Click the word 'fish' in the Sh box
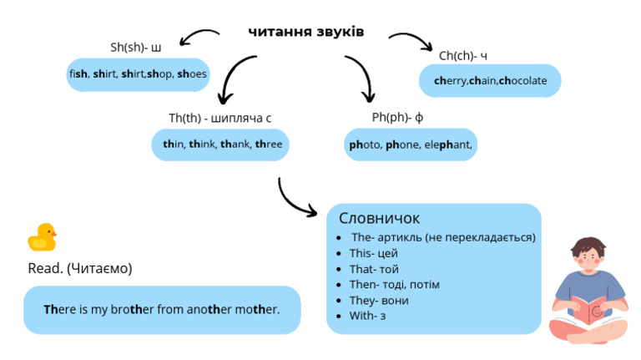[78, 74]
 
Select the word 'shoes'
[192, 74]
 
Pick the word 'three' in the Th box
[269, 145]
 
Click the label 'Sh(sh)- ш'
[135, 47]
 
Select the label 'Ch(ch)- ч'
[463, 55]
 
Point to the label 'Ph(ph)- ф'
[398, 117]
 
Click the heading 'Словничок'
[379, 218]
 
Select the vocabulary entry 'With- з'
[367, 316]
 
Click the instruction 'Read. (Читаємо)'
[80, 269]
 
